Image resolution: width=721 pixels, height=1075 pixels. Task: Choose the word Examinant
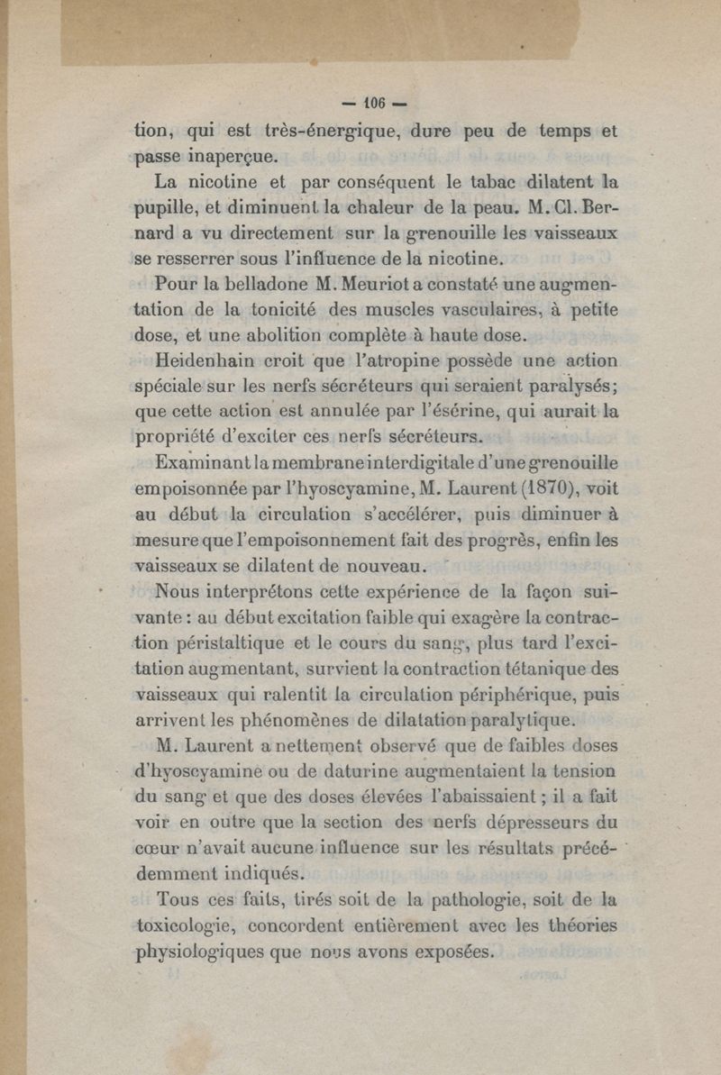[200, 465]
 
